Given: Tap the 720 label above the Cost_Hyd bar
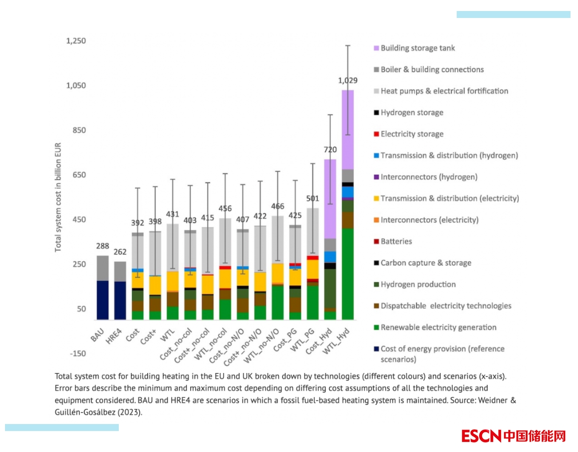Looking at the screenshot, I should [x=330, y=149].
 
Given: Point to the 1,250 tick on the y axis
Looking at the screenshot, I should [x=76, y=40].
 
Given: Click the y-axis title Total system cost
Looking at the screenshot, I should [x=58, y=197].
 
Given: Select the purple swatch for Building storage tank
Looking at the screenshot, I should [x=376, y=48].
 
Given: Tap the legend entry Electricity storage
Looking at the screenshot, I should [x=412, y=134].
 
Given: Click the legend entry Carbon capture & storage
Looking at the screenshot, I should [x=426, y=263].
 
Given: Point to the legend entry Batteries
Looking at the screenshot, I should [x=396, y=241].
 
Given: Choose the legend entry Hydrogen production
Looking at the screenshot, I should [x=418, y=284].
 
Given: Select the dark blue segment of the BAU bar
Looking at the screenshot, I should [x=102, y=300].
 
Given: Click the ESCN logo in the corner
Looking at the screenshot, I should [x=514, y=436].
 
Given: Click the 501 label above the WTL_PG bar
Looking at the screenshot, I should [x=312, y=198].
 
